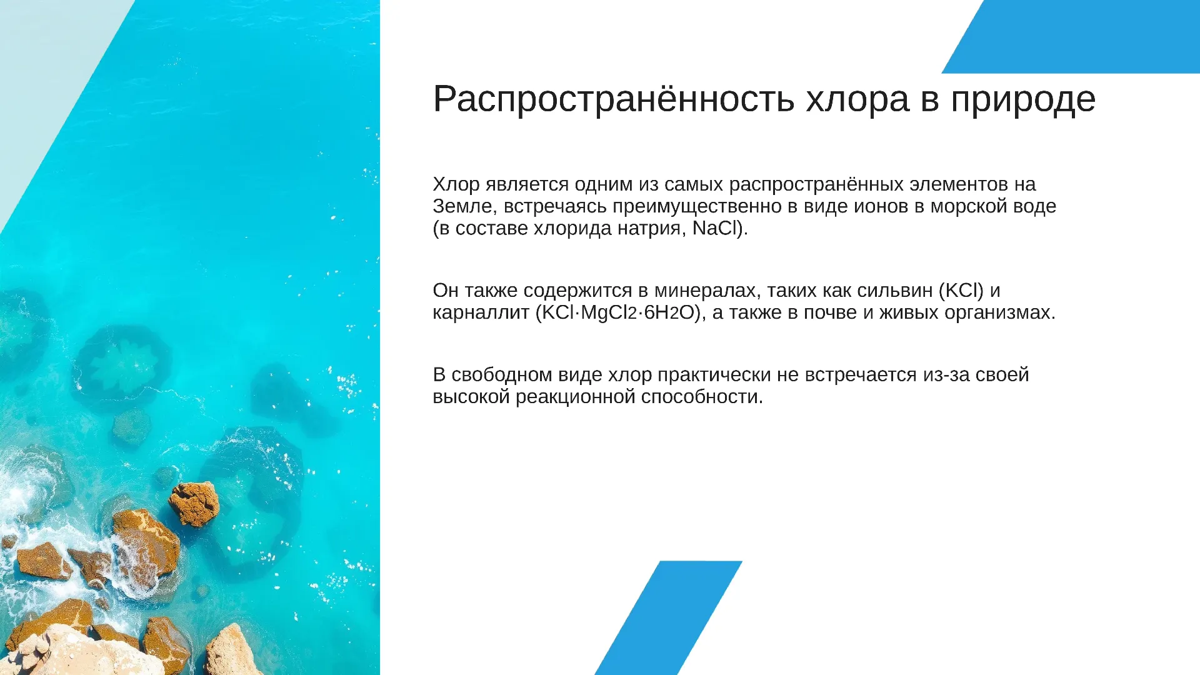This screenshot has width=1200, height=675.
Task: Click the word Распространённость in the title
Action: (614, 99)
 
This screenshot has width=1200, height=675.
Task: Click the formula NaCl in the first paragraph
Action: (716, 228)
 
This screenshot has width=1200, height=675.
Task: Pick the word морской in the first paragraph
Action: (969, 206)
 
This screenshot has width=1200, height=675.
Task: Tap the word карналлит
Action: (481, 312)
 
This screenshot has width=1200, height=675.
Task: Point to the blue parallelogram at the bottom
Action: (668, 617)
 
